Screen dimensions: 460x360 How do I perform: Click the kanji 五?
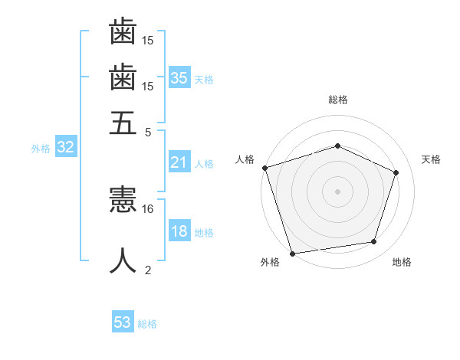click(123, 123)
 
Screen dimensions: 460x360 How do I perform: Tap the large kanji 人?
click(123, 260)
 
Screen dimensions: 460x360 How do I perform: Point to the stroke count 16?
click(147, 209)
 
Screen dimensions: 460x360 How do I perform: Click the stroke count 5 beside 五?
click(148, 133)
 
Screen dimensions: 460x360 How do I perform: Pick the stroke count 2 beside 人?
click(148, 270)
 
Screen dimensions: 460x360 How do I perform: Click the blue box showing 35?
click(179, 77)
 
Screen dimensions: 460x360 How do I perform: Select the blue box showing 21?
click(179, 162)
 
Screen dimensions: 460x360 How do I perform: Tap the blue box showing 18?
click(179, 230)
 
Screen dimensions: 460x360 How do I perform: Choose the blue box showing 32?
click(66, 146)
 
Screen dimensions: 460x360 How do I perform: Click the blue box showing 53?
click(123, 321)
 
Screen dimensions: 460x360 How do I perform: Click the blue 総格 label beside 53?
click(147, 324)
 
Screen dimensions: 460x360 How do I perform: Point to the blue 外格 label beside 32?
click(41, 149)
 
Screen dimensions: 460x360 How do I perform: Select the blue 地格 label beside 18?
click(204, 233)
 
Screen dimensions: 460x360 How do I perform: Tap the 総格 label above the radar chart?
click(338, 100)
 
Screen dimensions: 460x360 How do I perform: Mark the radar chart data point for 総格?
click(337, 146)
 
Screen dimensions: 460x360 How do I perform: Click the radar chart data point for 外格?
click(292, 254)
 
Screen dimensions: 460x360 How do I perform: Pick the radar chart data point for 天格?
click(396, 172)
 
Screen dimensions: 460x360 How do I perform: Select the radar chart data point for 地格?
click(374, 241)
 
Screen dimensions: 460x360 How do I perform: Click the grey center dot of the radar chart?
click(337, 191)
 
